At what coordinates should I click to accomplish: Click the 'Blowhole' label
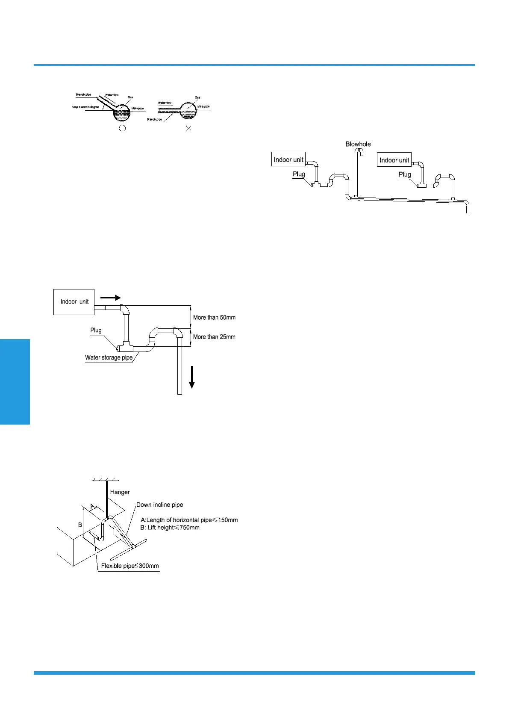(x=358, y=144)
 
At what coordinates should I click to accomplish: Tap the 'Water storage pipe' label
(x=109, y=357)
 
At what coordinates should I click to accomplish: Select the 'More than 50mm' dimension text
(x=214, y=317)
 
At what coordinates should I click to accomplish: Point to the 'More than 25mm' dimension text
(x=214, y=336)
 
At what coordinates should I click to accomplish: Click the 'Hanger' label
(x=120, y=492)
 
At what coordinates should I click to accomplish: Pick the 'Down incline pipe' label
(x=159, y=505)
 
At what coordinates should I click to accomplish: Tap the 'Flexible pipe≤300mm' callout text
(x=130, y=566)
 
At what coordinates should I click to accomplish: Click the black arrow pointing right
(x=111, y=298)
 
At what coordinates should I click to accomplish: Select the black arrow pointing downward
(x=192, y=377)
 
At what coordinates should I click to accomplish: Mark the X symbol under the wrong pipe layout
(x=188, y=128)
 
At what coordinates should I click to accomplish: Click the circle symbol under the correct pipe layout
(x=122, y=128)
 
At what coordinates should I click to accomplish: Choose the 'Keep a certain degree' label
(x=85, y=107)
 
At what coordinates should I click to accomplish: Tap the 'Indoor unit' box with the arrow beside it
(x=74, y=302)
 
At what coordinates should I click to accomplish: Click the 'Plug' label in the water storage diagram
(x=96, y=330)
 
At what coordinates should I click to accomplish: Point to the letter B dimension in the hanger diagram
(x=80, y=525)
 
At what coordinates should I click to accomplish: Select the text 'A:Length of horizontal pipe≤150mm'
(x=189, y=520)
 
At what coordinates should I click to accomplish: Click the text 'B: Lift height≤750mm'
(x=170, y=528)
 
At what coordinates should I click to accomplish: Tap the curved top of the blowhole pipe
(x=358, y=150)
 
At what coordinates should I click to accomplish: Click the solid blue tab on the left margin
(x=15, y=381)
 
